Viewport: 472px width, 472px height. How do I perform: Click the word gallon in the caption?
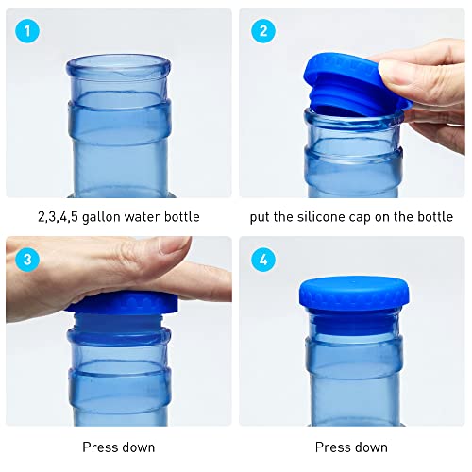94,217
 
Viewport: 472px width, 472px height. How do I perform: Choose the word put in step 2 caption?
261,217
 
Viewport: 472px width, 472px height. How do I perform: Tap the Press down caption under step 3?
119,447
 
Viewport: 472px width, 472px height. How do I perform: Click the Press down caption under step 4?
351,447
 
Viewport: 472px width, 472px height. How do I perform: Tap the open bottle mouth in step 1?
118,65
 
